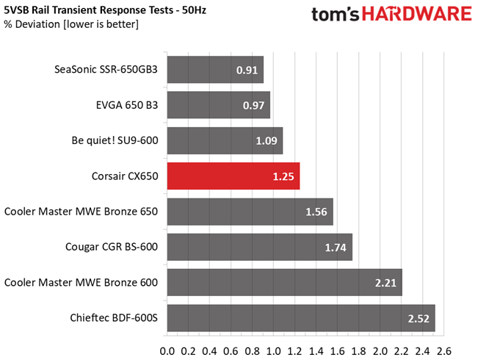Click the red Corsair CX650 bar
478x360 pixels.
[x=233, y=176]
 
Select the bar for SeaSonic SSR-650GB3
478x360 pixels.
[x=215, y=70]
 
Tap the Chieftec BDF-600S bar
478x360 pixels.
[x=301, y=318]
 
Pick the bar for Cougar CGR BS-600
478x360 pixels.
[x=260, y=247]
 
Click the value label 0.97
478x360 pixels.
[x=253, y=106]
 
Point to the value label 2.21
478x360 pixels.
[x=385, y=283]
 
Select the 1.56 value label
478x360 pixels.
[x=316, y=212]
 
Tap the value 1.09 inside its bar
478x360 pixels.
[x=266, y=141]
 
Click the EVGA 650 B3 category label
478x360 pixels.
[x=127, y=105]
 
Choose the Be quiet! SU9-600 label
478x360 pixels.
[x=115, y=140]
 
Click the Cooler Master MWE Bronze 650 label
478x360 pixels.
[x=81, y=212]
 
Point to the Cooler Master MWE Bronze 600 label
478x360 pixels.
[x=81, y=283]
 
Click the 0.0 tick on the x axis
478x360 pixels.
[x=167, y=351]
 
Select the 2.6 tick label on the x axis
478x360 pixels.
[x=443, y=351]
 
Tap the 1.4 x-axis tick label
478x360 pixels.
[x=316, y=351]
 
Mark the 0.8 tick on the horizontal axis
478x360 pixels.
[x=253, y=351]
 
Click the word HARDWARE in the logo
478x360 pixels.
[x=417, y=14]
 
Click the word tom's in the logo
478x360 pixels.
[x=336, y=15]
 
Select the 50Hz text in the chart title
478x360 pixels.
[x=194, y=10]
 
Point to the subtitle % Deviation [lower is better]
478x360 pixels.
[x=71, y=24]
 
